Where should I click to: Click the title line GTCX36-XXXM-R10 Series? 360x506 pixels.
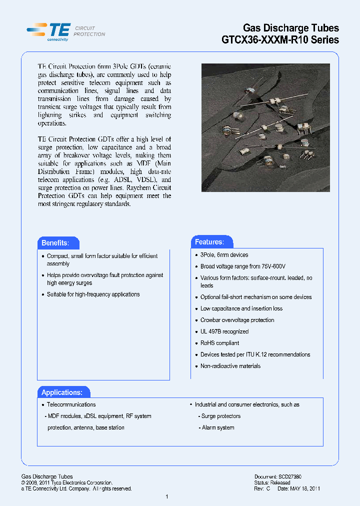pos(280,40)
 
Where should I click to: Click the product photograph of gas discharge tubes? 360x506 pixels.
pos(258,127)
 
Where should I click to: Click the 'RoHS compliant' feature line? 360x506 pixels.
pos(219,343)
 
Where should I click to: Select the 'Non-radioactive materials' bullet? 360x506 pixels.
pos(230,366)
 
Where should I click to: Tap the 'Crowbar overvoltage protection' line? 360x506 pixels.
pos(237,320)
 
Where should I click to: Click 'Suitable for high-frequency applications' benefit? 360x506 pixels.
pos(93,294)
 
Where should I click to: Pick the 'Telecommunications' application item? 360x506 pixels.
pos(71,404)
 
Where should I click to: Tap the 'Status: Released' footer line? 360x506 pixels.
pos(272,483)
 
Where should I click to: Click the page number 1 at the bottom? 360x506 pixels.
pos(166,496)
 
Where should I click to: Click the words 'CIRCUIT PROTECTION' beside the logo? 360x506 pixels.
pos(89,31)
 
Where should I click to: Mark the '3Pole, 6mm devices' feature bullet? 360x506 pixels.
pos(224,255)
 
